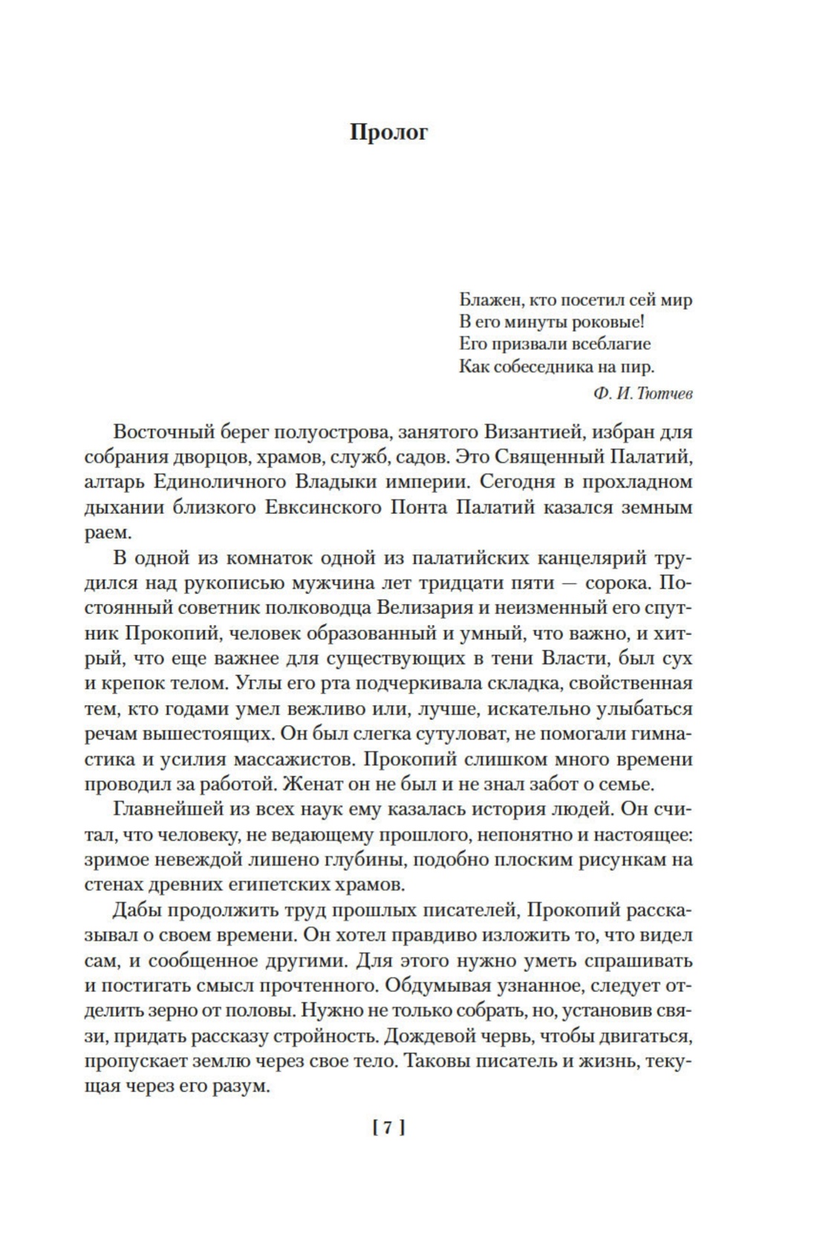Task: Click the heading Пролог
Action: [x=388, y=132]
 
